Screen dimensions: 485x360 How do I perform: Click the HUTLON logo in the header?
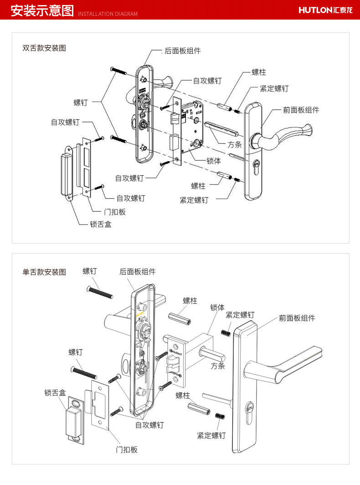[325, 10]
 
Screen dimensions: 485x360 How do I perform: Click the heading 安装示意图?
[42, 10]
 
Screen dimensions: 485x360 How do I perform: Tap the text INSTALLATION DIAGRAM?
[108, 14]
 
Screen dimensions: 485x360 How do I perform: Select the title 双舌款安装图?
[44, 48]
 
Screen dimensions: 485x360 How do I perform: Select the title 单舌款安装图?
[44, 272]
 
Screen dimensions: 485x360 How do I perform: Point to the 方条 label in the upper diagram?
[235, 145]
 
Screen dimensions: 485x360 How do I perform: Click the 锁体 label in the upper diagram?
[214, 161]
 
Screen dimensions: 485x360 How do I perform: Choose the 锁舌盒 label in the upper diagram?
[101, 224]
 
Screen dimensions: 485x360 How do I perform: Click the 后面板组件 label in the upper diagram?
[182, 51]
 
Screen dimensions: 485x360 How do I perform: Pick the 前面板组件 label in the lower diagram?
[297, 318]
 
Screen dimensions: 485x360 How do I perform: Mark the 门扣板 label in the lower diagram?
[126, 449]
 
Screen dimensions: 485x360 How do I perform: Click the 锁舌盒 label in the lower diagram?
[55, 393]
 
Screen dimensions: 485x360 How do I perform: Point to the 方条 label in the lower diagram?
[218, 366]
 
